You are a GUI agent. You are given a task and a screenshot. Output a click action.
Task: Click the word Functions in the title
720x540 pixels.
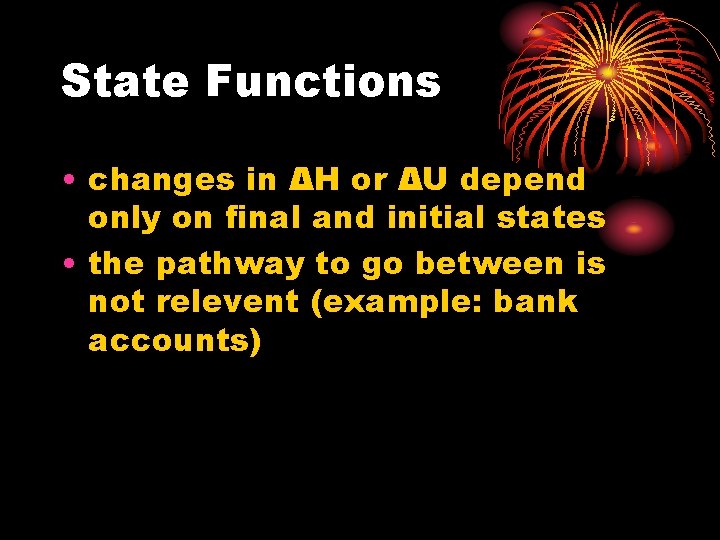(323, 81)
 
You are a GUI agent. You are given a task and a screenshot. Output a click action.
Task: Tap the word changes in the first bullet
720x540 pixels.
(161, 181)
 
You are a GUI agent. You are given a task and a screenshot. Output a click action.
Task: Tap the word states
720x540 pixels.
(560, 218)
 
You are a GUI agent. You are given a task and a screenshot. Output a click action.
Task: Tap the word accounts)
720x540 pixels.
(175, 341)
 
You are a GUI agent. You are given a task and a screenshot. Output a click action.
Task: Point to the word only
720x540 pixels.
(121, 218)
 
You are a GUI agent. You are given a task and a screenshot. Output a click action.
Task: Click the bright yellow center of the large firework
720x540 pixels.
(608, 72)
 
